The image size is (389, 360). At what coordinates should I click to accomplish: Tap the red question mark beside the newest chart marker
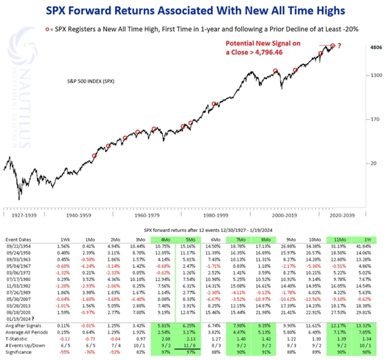[340, 46]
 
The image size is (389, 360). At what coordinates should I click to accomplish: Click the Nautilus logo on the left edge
[16, 85]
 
